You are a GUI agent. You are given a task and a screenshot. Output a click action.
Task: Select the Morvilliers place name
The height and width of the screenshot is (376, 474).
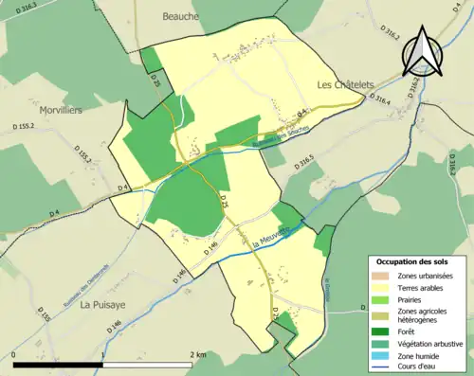point(54,110)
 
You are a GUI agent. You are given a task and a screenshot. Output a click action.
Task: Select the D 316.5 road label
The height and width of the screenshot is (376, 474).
point(303,164)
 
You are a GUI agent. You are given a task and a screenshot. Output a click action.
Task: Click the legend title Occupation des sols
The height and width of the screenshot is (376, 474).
point(412,260)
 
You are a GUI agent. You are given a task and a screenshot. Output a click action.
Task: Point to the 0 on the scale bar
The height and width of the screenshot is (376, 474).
point(15,354)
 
